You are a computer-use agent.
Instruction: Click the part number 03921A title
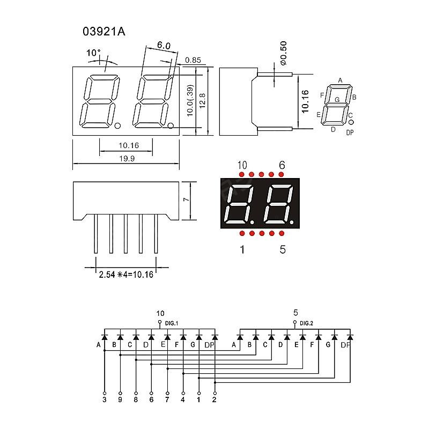coord(103,32)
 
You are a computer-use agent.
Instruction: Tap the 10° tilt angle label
coord(93,53)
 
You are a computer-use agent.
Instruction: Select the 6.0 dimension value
coord(164,45)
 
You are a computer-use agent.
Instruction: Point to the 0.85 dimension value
coord(193,60)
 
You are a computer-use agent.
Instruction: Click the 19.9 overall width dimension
coord(127,158)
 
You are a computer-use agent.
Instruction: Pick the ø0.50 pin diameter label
coord(284,53)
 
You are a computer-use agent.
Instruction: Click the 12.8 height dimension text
coord(203,101)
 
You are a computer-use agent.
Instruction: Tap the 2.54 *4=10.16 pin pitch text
coord(126,275)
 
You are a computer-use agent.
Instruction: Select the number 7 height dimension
coord(186,199)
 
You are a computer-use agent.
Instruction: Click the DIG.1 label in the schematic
coord(172,323)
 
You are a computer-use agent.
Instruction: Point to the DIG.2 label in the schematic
coord(306,323)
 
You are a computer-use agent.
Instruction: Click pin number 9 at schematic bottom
coord(120,400)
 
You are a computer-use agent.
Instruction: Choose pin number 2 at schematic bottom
coord(214,400)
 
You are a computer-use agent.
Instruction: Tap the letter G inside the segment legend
coord(337,100)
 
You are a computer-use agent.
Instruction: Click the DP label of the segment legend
coord(350,132)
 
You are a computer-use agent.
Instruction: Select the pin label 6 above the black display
coord(282,165)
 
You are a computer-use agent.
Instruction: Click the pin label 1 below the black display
coord(242,249)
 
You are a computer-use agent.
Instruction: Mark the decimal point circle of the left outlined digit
coord(117,126)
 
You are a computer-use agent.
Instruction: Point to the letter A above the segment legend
coord(340,80)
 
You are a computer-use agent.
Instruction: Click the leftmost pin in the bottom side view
coord(95,234)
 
